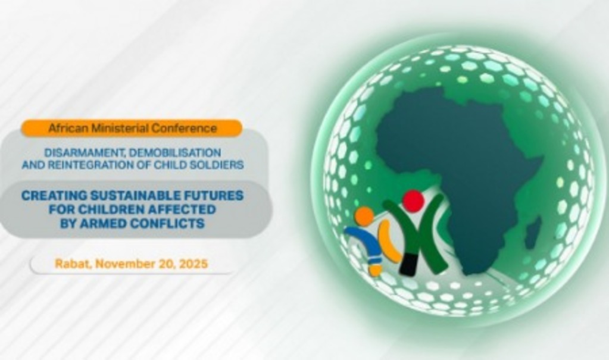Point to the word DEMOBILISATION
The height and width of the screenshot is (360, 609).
(x=175, y=152)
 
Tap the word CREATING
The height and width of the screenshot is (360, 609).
(x=49, y=195)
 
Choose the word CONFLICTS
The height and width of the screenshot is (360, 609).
(x=168, y=223)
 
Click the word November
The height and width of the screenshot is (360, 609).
(x=125, y=264)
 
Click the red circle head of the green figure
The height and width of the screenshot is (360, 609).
(x=413, y=201)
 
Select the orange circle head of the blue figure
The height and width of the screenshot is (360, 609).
(x=364, y=217)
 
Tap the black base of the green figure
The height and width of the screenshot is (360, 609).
(x=409, y=265)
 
